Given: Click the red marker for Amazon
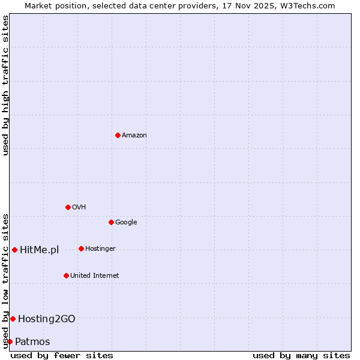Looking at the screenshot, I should tap(118, 135).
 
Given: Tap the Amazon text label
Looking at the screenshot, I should tap(134, 136).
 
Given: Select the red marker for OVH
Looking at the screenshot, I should tap(68, 207).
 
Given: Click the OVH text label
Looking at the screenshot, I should tap(79, 208).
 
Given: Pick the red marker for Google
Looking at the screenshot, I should tap(111, 222).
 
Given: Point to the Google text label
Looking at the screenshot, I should tap(126, 223).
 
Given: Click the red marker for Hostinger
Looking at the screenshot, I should tap(81, 248).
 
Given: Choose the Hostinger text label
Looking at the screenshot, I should tap(100, 249).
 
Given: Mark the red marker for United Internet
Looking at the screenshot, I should tap(66, 275).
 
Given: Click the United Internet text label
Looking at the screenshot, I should tap(94, 276).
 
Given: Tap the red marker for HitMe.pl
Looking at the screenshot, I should tap(14, 250).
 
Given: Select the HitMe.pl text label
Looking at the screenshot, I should tap(39, 250).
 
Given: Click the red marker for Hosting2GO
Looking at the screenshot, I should tap(13, 319).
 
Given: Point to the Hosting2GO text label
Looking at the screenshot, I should tap(46, 319).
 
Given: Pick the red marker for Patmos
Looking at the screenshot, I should tap(10, 341).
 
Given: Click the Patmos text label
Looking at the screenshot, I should tap(32, 342).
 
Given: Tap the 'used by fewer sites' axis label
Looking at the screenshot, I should tap(62, 355).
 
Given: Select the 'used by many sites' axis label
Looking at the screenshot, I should tap(301, 355).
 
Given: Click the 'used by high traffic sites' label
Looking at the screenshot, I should tap(5, 85).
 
